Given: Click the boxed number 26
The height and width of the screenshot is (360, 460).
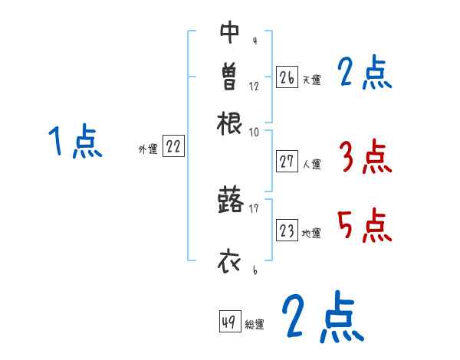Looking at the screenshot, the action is click(287, 77).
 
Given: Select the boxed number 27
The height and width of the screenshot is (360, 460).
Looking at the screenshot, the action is click(287, 162).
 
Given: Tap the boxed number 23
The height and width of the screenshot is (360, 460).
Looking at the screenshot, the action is click(287, 231).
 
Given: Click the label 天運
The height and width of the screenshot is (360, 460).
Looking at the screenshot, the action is click(311, 80).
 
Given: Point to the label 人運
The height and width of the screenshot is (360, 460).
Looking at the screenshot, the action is click(311, 164).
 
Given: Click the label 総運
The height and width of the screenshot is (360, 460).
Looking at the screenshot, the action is click(255, 325).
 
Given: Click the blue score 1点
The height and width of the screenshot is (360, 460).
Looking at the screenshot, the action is click(74, 142).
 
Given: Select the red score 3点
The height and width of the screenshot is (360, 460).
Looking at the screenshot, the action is click(365, 159).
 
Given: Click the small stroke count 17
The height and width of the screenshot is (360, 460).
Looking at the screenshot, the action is click(254, 206).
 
